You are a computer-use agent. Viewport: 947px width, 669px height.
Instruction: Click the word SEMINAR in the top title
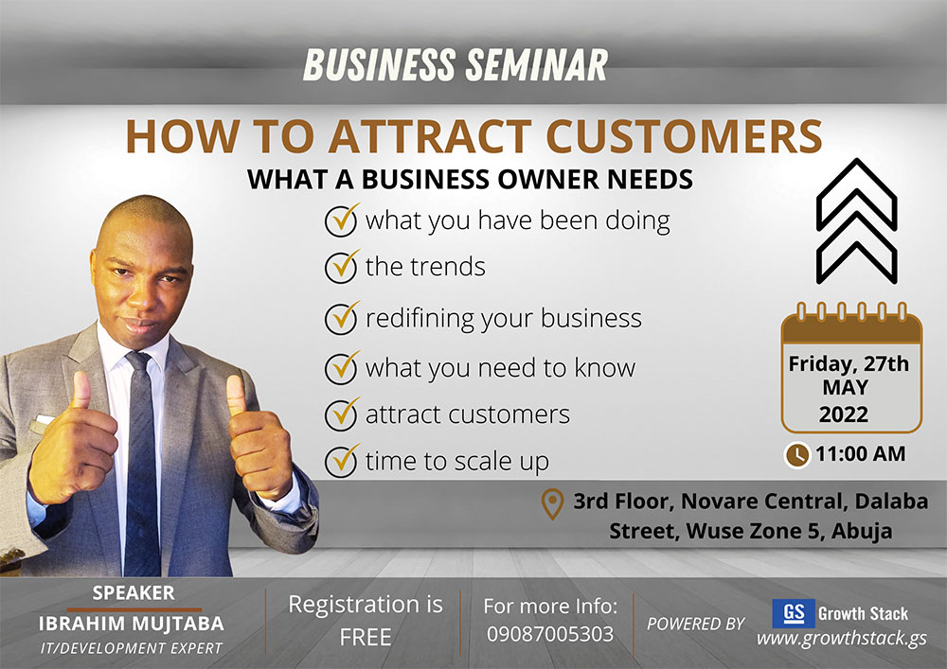(x=536, y=64)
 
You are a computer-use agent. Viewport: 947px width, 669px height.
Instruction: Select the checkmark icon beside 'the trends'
(x=342, y=267)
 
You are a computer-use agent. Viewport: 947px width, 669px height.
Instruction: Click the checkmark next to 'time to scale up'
(x=342, y=461)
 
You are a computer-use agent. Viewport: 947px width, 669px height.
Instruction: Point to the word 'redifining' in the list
(x=420, y=319)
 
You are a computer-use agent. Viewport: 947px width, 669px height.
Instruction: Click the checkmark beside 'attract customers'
(x=342, y=414)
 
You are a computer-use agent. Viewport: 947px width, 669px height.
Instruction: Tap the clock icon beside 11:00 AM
(x=797, y=455)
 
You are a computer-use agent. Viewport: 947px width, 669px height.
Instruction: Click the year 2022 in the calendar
(x=844, y=414)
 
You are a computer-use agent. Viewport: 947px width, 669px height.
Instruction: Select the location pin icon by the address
(x=552, y=504)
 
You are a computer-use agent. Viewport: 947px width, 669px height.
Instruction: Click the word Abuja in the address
(x=862, y=532)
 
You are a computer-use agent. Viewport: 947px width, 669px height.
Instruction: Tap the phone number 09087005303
(x=550, y=634)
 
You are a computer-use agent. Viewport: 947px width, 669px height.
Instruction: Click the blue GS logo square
(x=794, y=613)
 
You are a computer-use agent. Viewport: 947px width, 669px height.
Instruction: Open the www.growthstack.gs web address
(x=842, y=638)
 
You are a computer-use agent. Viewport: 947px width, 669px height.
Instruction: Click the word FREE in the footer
(x=366, y=637)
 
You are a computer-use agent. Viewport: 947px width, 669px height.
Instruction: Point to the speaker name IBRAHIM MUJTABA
(x=132, y=624)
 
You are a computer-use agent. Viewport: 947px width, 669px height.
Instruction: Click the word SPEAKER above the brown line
(x=134, y=593)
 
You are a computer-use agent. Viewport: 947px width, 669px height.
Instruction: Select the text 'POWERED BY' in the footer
(x=696, y=624)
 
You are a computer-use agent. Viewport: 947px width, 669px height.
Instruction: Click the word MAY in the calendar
(x=846, y=387)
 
